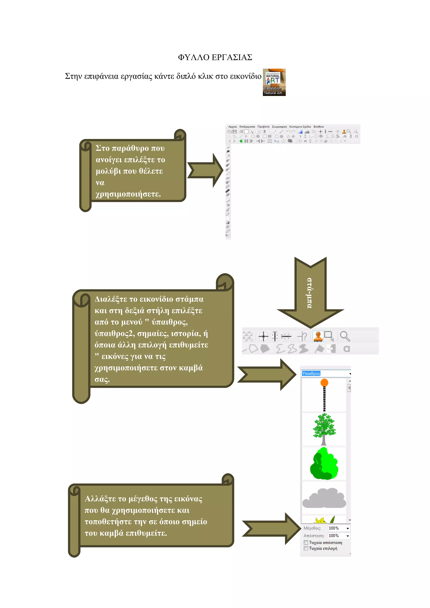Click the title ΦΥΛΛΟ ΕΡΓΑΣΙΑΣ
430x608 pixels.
click(215, 57)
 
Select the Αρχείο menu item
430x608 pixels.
click(232, 127)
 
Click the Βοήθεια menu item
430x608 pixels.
click(319, 127)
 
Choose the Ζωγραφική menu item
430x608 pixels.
click(279, 127)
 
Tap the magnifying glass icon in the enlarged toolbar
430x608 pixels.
click(345, 336)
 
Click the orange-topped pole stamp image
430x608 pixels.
click(324, 395)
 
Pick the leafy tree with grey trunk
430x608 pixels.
click(324, 429)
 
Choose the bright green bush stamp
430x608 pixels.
click(324, 463)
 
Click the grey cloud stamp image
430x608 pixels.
click(324, 498)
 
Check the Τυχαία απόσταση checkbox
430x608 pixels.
click(306, 543)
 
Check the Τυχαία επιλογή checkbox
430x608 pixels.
click(306, 548)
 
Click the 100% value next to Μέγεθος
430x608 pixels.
click(334, 528)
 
